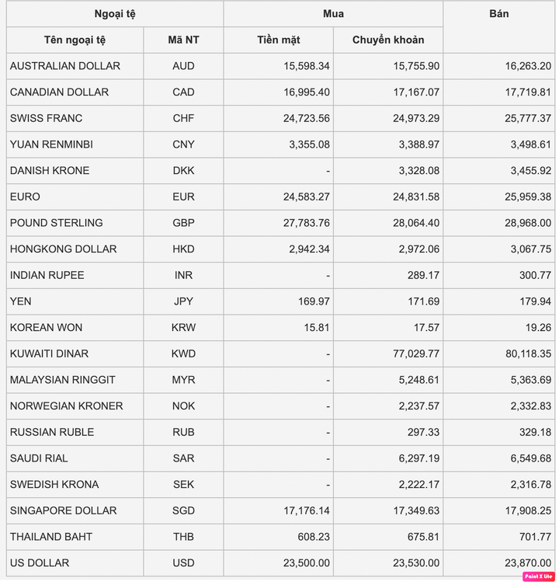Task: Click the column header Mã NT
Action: pyautogui.click(x=183, y=40)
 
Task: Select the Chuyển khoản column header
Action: pyautogui.click(x=388, y=40)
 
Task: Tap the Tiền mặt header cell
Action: pyautogui.click(x=279, y=40)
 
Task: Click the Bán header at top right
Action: pyautogui.click(x=500, y=14)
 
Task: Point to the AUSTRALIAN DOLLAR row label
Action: pyautogui.click(x=65, y=66)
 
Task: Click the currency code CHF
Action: pyautogui.click(x=183, y=118)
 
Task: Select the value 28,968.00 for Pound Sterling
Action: pyautogui.click(x=526, y=223)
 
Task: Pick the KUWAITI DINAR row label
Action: pyautogui.click(x=49, y=353)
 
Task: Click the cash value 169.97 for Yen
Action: pyautogui.click(x=314, y=301)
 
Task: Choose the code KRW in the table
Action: pyautogui.click(x=183, y=327)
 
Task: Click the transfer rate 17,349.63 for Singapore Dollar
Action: pyautogui.click(x=413, y=510)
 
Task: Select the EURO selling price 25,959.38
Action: pyautogui.click(x=526, y=197)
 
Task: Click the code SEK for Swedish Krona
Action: pyautogui.click(x=183, y=484)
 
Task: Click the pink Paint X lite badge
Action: pyautogui.click(x=537, y=576)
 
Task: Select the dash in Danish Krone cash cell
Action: pyautogui.click(x=328, y=171)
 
